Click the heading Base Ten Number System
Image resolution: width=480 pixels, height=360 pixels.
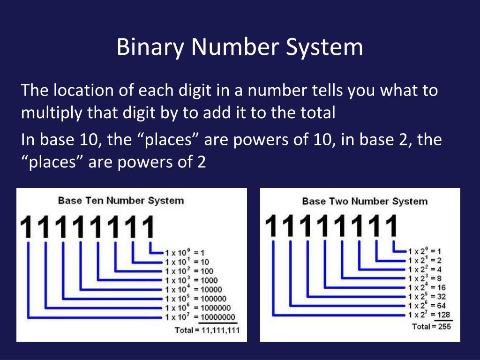(120, 201)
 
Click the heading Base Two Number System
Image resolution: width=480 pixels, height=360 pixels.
(365, 201)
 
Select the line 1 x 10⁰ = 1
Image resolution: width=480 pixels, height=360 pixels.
(186, 252)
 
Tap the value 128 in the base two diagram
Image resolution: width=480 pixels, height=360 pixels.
(444, 315)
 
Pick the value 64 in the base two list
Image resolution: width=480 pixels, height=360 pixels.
(442, 305)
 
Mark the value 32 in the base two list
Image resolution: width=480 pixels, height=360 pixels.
(442, 296)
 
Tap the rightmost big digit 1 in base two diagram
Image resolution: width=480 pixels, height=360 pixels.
(390, 227)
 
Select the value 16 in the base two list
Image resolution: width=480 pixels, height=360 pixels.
(442, 287)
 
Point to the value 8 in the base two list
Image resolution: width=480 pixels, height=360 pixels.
(440, 278)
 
